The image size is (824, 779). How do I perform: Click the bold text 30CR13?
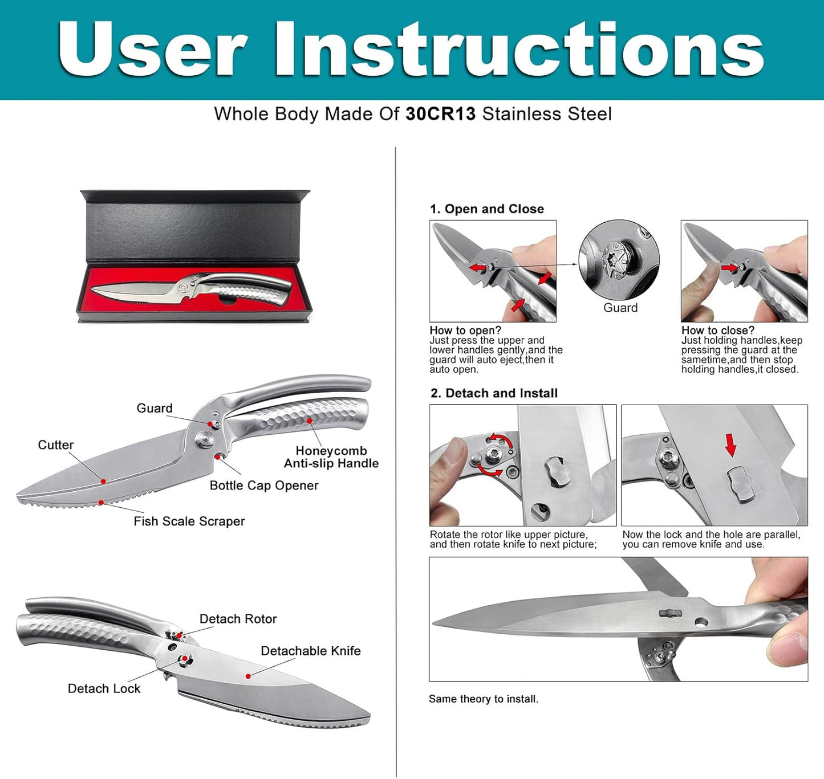[440, 114]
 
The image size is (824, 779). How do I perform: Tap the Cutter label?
[56, 444]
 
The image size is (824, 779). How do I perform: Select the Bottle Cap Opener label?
[264, 485]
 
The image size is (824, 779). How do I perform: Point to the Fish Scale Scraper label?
[189, 521]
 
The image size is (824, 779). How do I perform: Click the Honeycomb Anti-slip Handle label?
[331, 457]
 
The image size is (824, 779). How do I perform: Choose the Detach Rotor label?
[238, 619]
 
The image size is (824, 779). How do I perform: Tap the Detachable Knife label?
[311, 650]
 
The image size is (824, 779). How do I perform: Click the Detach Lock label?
[104, 688]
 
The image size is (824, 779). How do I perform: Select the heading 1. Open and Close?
[487, 209]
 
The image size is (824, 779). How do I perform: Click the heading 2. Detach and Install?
[494, 393]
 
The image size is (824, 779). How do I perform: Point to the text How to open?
[465, 330]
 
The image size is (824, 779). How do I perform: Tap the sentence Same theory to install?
[483, 699]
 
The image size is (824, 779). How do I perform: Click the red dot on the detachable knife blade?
[248, 676]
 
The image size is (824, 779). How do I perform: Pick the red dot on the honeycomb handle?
[309, 420]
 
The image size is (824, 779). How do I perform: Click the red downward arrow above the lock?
[731, 445]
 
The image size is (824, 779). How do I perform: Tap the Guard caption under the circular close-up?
[620, 307]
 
